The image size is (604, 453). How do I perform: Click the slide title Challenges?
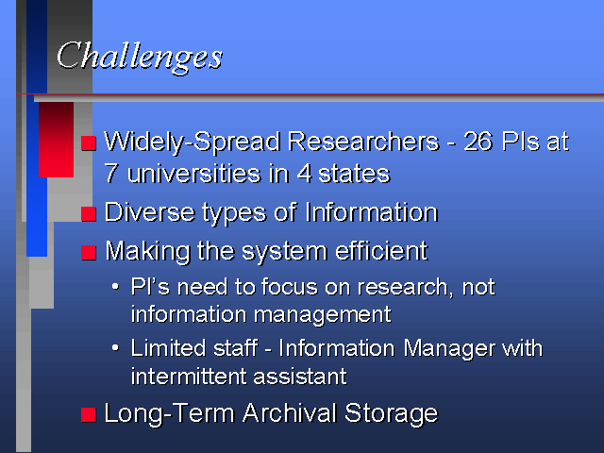[x=140, y=57]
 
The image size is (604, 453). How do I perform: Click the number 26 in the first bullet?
[x=478, y=142]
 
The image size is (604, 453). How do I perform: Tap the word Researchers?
[x=363, y=142]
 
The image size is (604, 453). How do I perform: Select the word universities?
[x=194, y=174]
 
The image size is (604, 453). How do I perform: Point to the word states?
[x=354, y=174]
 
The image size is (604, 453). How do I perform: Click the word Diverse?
[x=149, y=212]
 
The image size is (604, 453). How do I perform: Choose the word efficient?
[x=381, y=251]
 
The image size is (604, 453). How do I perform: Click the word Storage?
[x=392, y=413]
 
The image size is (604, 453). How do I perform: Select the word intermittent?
[x=189, y=377]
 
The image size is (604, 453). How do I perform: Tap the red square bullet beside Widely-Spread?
[x=89, y=143]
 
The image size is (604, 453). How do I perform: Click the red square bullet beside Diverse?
[x=89, y=214]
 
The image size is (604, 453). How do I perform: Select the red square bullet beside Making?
[x=89, y=253]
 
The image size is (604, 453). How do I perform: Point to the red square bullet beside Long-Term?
[x=89, y=415]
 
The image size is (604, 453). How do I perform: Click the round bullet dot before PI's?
[x=115, y=287]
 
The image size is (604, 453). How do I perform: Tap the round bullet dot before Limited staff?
[x=115, y=348]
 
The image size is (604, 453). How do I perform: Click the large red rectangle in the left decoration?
[x=57, y=140]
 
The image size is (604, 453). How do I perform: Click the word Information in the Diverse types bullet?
[x=371, y=212]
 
